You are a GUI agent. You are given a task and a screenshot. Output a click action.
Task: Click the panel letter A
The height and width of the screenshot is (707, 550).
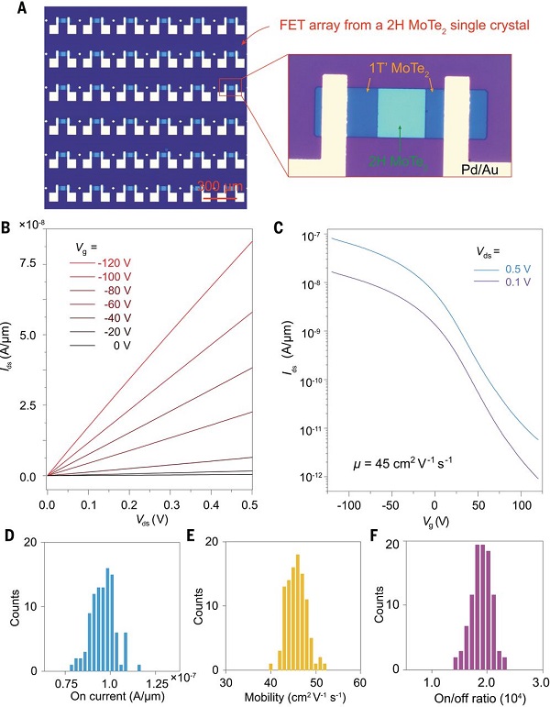21,12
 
